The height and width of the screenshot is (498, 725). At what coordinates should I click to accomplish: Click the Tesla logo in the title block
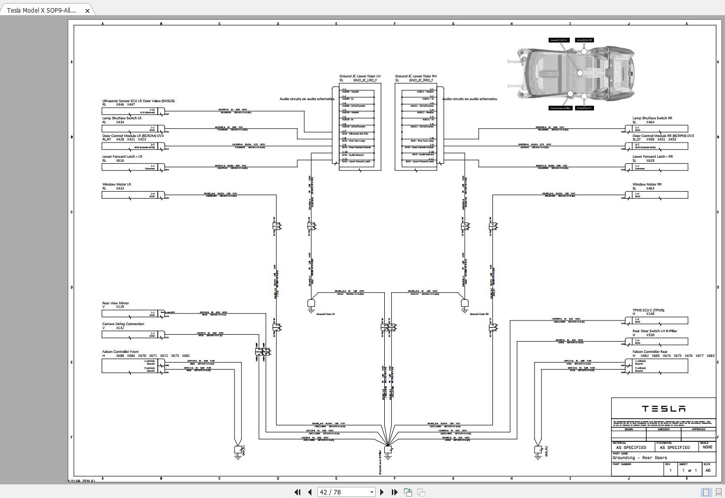[x=663, y=409]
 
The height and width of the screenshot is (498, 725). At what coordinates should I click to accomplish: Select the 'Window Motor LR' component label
[x=117, y=185]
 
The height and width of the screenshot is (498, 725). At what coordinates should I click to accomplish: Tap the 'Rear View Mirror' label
[x=116, y=303]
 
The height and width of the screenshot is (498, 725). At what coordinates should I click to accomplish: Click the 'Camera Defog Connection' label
[x=123, y=324]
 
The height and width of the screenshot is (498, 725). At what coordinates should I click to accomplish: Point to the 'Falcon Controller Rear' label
[x=650, y=352]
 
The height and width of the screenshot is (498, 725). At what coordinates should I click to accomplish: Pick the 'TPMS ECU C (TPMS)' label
[x=648, y=310]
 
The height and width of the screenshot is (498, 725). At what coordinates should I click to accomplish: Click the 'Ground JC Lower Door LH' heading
[x=359, y=76]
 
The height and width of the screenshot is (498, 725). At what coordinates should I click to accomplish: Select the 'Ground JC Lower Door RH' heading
[x=416, y=76]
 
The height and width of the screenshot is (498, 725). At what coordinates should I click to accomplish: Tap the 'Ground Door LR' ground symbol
[x=311, y=304]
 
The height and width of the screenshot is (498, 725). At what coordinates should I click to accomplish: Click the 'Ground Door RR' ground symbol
[x=465, y=304]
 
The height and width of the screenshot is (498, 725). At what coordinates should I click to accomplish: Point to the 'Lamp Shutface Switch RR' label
[x=652, y=118]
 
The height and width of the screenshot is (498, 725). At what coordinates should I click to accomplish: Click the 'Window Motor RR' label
[x=647, y=185]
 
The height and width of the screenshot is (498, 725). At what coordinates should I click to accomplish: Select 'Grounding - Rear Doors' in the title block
[x=640, y=458]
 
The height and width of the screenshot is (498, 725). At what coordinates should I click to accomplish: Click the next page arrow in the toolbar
[x=382, y=492]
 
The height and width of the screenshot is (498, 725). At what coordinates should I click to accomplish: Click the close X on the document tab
[x=87, y=10]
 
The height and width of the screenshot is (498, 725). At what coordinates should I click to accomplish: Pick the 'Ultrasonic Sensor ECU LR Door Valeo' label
[x=138, y=101]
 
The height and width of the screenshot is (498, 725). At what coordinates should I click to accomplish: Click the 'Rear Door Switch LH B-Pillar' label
[x=654, y=331]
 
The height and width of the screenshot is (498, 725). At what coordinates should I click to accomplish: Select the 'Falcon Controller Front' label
[x=120, y=352]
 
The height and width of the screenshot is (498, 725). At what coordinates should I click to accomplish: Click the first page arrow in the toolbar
[x=297, y=492]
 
